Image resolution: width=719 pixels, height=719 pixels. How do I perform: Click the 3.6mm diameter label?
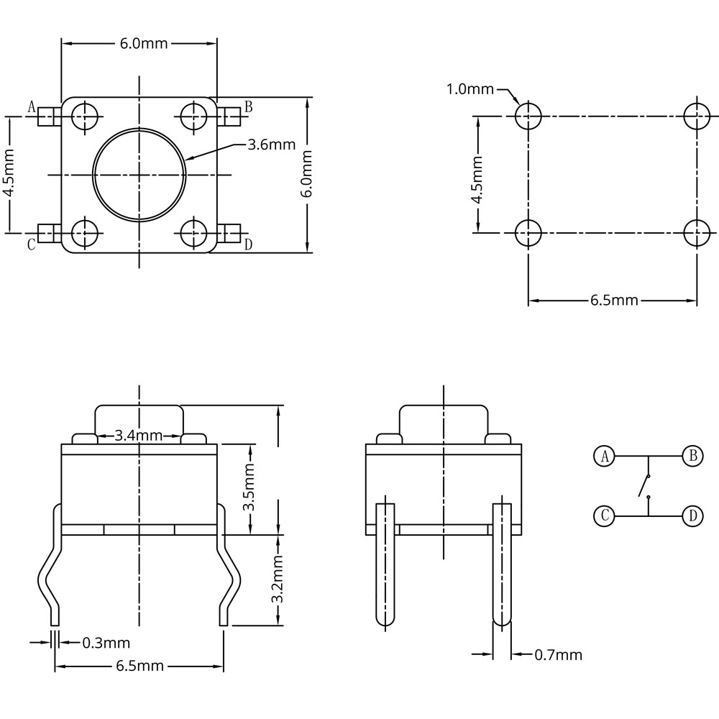pyautogui.click(x=271, y=145)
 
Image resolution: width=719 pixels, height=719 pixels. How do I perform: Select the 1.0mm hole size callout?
pyautogui.click(x=470, y=89)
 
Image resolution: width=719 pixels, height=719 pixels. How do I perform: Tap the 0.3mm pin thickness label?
pyautogui.click(x=106, y=642)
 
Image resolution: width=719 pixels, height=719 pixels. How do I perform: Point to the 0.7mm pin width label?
pyautogui.click(x=558, y=654)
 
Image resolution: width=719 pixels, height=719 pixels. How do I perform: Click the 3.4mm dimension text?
pyautogui.click(x=139, y=436)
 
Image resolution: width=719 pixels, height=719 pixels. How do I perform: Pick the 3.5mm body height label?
pyautogui.click(x=249, y=487)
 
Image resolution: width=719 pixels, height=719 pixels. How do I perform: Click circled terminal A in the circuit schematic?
pyautogui.click(x=605, y=457)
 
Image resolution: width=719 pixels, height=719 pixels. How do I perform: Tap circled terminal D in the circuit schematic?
pyautogui.click(x=692, y=516)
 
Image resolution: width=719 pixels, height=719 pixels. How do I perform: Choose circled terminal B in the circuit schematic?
pyautogui.click(x=692, y=457)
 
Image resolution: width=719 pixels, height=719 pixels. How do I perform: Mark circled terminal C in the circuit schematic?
pyautogui.click(x=605, y=516)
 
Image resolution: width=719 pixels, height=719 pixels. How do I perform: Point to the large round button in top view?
pyautogui.click(x=139, y=174)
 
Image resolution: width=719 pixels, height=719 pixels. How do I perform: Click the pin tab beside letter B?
pyautogui.click(x=229, y=116)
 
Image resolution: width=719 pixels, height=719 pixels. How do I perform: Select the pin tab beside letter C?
pyautogui.click(x=47, y=233)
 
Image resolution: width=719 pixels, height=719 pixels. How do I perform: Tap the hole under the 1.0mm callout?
pyautogui.click(x=528, y=115)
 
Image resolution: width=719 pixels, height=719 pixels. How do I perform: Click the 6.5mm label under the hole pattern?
pyautogui.click(x=614, y=300)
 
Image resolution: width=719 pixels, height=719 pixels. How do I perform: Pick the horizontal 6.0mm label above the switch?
pyautogui.click(x=143, y=43)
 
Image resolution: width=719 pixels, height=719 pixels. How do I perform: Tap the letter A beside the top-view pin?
pyautogui.click(x=31, y=107)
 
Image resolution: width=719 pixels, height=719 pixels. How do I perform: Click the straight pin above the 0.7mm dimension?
pyautogui.click(x=502, y=561)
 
